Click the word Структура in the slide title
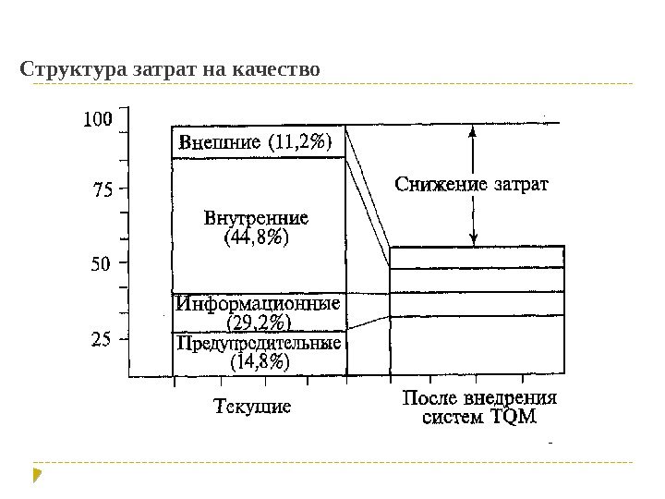click(66, 69)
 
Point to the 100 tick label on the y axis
click(97, 119)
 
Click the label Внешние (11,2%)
click(258, 143)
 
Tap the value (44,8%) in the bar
click(258, 238)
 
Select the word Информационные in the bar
click(259, 303)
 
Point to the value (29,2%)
click(258, 323)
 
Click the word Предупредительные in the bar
click(259, 344)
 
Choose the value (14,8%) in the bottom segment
click(258, 362)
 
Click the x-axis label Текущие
click(253, 405)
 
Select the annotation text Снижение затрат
click(472, 184)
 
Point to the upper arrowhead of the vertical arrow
click(473, 131)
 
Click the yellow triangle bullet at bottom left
click(37, 477)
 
